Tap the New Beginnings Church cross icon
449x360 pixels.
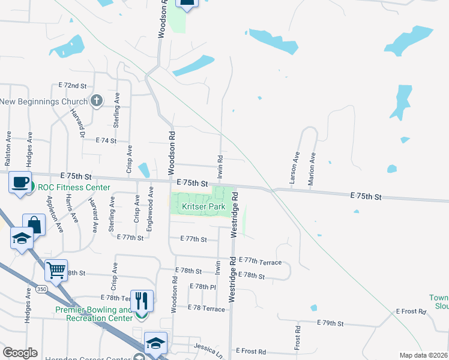95,101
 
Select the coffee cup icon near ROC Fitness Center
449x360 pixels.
20,182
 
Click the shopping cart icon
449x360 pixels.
56,270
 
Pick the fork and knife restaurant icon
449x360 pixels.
142,299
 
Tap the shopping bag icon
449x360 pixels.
34,225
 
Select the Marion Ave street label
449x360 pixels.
312,167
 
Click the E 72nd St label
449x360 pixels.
73,86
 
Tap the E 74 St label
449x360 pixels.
106,140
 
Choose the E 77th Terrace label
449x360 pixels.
260,261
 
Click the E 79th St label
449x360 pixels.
330,323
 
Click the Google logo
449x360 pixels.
20,353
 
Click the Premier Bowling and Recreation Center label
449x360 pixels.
94,314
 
